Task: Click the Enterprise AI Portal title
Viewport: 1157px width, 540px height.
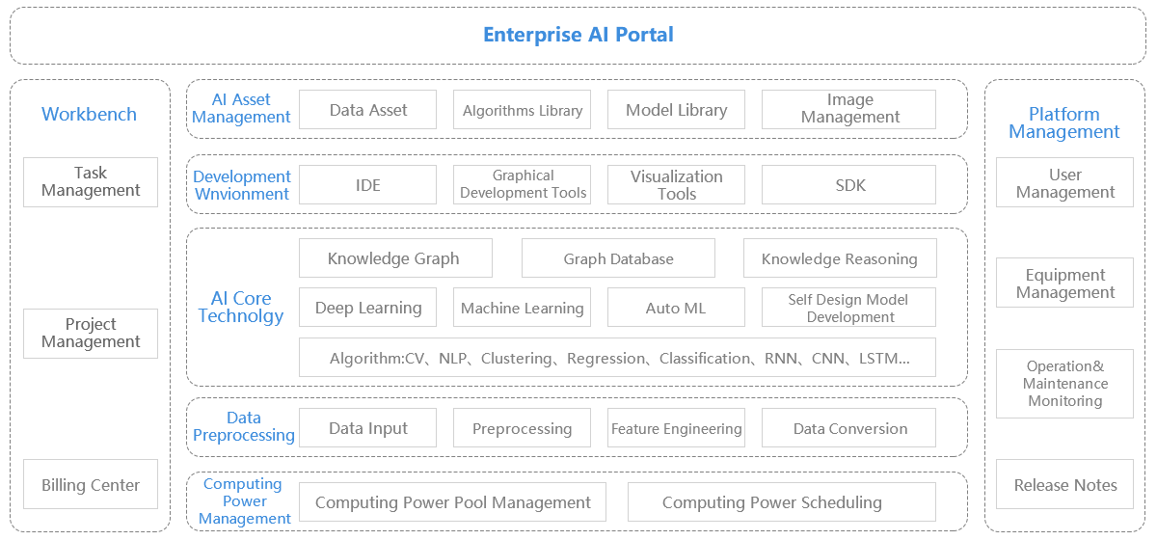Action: point(578,35)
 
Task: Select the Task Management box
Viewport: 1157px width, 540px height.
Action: point(91,182)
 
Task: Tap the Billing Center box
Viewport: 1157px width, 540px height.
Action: point(91,484)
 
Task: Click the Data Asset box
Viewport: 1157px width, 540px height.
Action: point(367,110)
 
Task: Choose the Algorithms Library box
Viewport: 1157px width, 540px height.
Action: point(523,110)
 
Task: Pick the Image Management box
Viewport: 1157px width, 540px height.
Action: point(848,110)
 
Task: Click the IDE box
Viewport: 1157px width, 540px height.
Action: point(367,184)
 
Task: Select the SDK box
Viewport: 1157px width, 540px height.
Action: point(848,184)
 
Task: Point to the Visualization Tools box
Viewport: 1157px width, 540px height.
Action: point(676,184)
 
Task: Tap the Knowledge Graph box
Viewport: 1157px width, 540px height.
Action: point(395,257)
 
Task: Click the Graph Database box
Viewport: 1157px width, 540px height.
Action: point(618,257)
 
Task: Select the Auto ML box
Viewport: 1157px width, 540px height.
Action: point(676,308)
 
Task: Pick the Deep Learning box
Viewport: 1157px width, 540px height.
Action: point(367,308)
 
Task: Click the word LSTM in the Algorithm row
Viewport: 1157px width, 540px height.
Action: point(878,358)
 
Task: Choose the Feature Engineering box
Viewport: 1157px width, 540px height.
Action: point(676,428)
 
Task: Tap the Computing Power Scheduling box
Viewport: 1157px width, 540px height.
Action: point(782,501)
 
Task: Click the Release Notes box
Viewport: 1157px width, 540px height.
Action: point(1065,484)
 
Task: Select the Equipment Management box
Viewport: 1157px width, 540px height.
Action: point(1065,283)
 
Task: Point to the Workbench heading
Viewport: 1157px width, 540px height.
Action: point(90,114)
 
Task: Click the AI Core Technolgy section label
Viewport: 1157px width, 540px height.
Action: point(241,307)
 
